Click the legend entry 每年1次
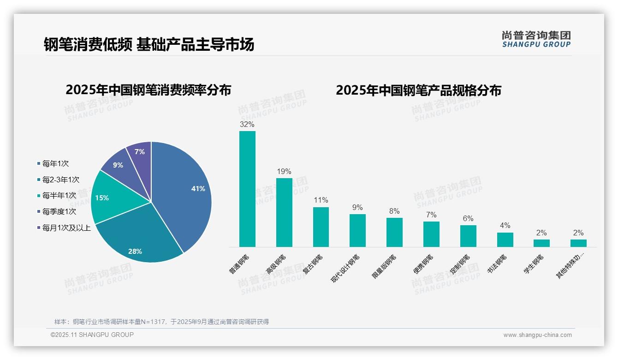55,163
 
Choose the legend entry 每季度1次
59,211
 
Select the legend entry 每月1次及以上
66,228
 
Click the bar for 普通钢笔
247,189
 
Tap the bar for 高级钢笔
284,212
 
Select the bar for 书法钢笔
505,240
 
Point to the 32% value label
247,124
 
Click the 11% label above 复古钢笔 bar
321,200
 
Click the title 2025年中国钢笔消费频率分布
148,90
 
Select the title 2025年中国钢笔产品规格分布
418,90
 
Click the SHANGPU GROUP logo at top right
536,39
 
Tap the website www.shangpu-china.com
537,335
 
